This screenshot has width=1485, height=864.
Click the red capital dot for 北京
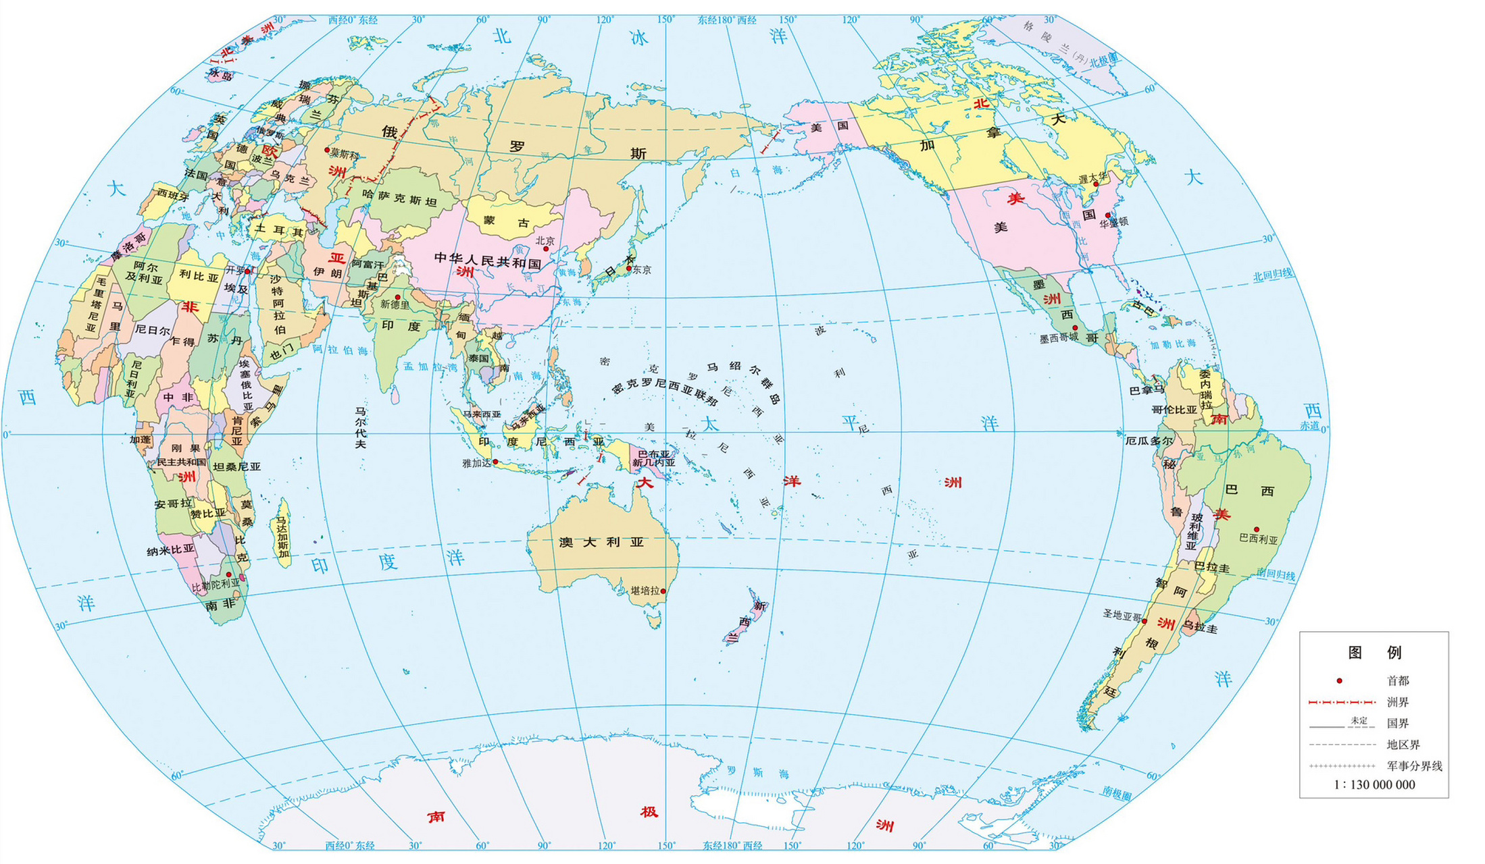coord(546,249)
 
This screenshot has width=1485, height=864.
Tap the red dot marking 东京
coord(629,269)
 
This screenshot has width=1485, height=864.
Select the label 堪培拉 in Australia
coord(645,591)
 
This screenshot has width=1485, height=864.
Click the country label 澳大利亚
coord(601,543)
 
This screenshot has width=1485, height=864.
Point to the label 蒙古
coord(506,221)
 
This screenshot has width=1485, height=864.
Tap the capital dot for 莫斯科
coord(327,150)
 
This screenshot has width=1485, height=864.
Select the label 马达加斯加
coord(283,537)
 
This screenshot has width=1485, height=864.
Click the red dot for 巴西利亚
coord(1257,529)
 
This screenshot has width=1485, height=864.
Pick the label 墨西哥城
coord(1058,338)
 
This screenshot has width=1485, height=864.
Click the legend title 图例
coord(1374,653)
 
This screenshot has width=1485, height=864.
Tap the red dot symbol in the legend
coord(1339,680)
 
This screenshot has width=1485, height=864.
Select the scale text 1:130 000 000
coord(1374,785)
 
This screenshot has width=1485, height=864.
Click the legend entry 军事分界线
coord(1414,766)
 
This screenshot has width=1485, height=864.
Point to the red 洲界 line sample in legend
coord(1342,702)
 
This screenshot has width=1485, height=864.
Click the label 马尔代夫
coord(361,427)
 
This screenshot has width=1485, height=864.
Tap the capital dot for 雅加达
coord(495,462)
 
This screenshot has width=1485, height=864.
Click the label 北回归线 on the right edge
coord(1273,275)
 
